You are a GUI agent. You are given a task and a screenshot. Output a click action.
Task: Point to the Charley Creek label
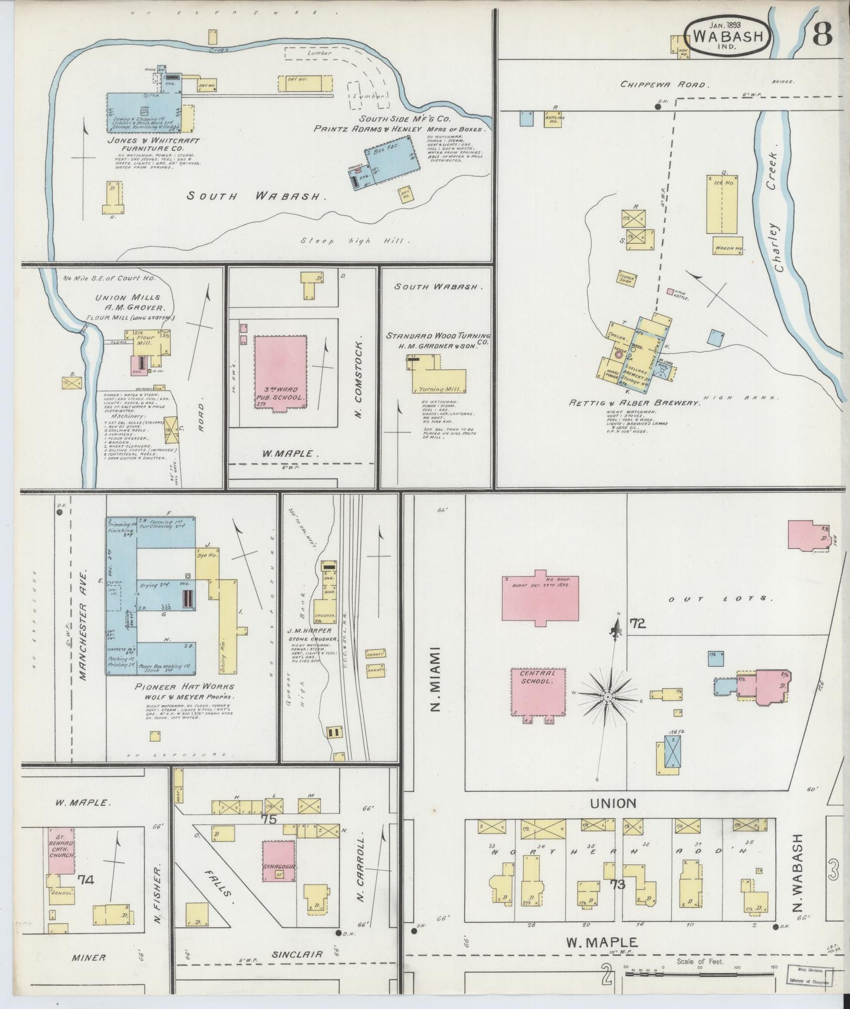pyautogui.click(x=777, y=213)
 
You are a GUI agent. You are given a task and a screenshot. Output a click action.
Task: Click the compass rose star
pyautogui.click(x=607, y=696)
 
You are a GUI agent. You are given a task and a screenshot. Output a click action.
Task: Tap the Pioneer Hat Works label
pyautogui.click(x=185, y=686)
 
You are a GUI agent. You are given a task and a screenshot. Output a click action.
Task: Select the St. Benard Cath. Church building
pyautogui.click(x=61, y=850)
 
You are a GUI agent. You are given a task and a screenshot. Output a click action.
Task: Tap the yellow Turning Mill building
pyautogui.click(x=440, y=381)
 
